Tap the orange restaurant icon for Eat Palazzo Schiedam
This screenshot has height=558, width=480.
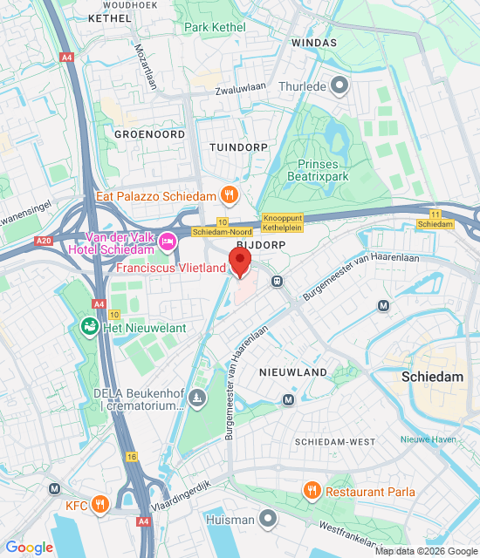pyautogui.click(x=230, y=194)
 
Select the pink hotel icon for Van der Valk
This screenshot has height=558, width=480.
pyautogui.click(x=168, y=238)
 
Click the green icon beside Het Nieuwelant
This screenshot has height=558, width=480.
pyautogui.click(x=89, y=327)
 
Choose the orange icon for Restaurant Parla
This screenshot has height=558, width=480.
pyautogui.click(x=312, y=492)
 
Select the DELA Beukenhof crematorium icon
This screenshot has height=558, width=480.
pyautogui.click(x=199, y=399)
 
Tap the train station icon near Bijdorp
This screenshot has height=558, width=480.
pyautogui.click(x=277, y=281)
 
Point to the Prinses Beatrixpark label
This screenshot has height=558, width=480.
pyautogui.click(x=335, y=170)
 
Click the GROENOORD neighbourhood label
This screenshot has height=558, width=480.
pyautogui.click(x=149, y=135)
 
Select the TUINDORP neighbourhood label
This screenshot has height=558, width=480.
pyautogui.click(x=238, y=148)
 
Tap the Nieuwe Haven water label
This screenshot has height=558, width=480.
pyautogui.click(x=423, y=439)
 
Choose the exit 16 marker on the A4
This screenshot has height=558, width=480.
pyautogui.click(x=131, y=456)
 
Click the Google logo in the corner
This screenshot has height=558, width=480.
pyautogui.click(x=29, y=548)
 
